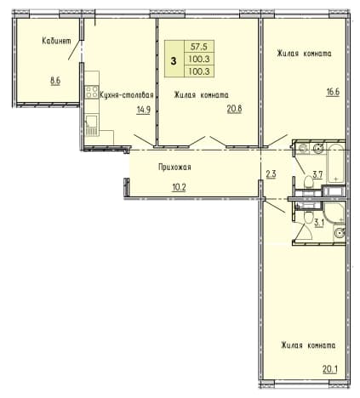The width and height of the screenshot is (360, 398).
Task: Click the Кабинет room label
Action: pyautogui.click(x=56, y=41)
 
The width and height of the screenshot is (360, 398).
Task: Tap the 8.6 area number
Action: pyautogui.click(x=55, y=81)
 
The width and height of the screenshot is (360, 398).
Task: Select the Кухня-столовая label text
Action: pyautogui.click(x=127, y=95)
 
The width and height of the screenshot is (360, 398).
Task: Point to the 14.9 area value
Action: pyautogui.click(x=143, y=110)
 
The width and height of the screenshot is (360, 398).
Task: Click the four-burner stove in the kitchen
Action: pyautogui.click(x=92, y=92)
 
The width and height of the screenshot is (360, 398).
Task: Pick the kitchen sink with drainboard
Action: pyautogui.click(x=92, y=125)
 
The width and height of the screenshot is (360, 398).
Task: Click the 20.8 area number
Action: pyautogui.click(x=234, y=109)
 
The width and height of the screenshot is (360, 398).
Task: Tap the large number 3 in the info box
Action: pyautogui.click(x=174, y=61)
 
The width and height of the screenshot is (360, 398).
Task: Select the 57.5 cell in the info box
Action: pyautogui.click(x=199, y=46)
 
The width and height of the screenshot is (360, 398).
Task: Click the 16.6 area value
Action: pyautogui.click(x=333, y=93)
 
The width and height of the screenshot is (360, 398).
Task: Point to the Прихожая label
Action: pyautogui.click(x=174, y=168)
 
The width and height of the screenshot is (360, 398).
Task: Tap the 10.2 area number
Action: pyautogui.click(x=179, y=187)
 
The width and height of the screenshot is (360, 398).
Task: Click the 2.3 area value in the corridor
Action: pyautogui.click(x=271, y=173)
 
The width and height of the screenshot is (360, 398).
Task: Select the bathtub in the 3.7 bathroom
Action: pyautogui.click(x=336, y=163)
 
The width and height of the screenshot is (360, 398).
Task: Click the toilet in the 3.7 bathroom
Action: pyautogui.click(x=308, y=181)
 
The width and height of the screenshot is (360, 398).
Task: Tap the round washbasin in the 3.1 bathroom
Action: pyautogui.click(x=340, y=233)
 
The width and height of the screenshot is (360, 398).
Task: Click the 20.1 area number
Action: pyautogui.click(x=330, y=369)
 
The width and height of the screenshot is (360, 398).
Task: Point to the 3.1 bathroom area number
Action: pyautogui.click(x=319, y=223)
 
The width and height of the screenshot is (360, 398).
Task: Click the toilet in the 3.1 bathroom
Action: pyautogui.click(x=307, y=217)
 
